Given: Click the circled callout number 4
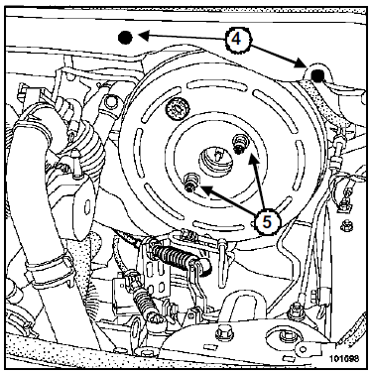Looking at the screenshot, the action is [x=236, y=40].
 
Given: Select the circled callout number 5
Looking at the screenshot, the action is [x=267, y=221].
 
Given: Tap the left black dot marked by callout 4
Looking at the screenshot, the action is [x=125, y=38].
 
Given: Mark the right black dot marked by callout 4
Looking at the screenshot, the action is [x=318, y=76].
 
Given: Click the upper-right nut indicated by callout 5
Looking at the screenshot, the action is [x=239, y=143].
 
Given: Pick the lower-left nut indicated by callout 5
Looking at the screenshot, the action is [x=190, y=182].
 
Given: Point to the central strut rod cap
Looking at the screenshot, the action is [x=215, y=159].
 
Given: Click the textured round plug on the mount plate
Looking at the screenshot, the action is [x=178, y=110].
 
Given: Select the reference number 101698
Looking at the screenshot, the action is [x=343, y=358].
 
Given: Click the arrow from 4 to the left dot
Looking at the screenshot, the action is [x=182, y=37].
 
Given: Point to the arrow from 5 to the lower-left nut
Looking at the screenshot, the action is [x=227, y=201].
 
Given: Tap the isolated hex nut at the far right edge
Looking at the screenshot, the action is [x=346, y=226].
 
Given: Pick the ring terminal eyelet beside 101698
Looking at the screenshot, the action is [x=303, y=348].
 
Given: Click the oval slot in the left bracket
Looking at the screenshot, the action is [x=87, y=208].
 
